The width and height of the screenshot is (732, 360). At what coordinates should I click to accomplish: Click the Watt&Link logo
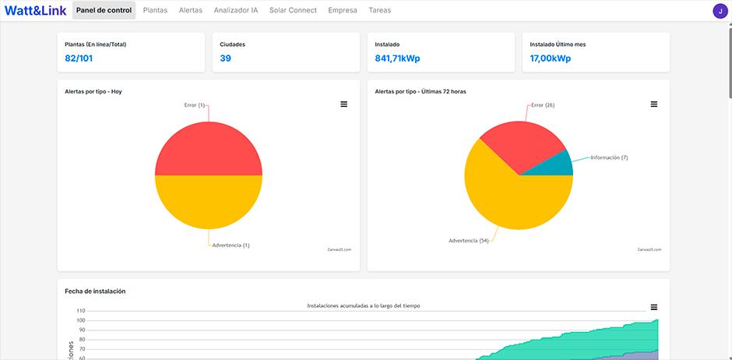point(35,11)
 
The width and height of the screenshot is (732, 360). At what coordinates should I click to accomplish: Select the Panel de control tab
point(104,11)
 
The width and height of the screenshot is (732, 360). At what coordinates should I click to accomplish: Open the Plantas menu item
point(155,11)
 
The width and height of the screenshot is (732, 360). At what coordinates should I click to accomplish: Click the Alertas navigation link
point(190,11)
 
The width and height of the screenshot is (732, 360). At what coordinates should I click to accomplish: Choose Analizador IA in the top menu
point(235,11)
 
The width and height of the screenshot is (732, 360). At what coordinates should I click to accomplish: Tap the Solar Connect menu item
point(293,11)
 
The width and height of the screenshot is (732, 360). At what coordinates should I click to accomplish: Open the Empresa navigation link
point(343,11)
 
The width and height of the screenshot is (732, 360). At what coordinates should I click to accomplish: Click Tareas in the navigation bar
point(379,11)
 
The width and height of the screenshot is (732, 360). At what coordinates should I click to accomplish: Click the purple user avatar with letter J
point(720,11)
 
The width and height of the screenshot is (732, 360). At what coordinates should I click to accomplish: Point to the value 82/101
point(79,58)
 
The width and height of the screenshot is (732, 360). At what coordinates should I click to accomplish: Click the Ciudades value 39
point(226,58)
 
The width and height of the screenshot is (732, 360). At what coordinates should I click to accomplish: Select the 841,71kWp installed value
point(397,58)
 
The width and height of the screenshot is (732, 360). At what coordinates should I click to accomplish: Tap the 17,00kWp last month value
point(551,58)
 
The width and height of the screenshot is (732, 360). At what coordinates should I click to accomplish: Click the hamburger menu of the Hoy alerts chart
point(344,104)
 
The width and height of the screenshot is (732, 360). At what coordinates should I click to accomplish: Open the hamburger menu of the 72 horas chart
point(654,104)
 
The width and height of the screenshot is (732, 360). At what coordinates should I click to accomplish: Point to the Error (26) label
point(543,105)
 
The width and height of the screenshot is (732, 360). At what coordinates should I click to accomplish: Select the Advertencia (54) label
point(469,241)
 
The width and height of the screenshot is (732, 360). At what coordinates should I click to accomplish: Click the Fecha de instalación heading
point(95,291)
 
